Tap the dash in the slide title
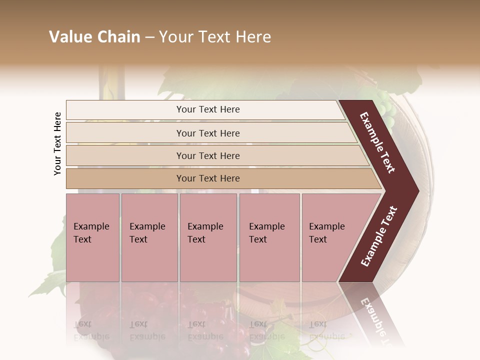tap(149, 37)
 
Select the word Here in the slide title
tap(253, 37)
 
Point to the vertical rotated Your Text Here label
tap(57, 143)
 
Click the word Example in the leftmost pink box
tap(91, 226)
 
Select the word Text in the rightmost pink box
tap(318, 239)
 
